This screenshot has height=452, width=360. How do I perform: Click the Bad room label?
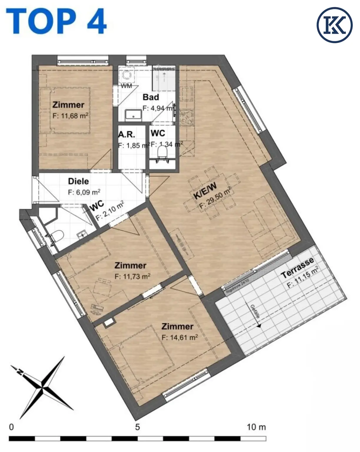click(x=151, y=97)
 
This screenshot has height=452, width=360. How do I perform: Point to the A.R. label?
click(x=127, y=134)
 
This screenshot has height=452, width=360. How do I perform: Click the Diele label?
click(x=78, y=181)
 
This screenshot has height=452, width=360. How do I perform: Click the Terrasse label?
click(x=297, y=268)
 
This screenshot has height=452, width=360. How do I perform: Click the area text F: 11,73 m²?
click(x=132, y=276)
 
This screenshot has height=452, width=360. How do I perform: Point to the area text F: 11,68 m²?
click(x=70, y=116)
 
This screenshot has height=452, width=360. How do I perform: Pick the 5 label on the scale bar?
click(x=137, y=427)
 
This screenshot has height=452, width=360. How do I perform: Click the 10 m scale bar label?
click(x=256, y=427)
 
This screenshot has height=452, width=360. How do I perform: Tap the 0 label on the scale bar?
click(x=11, y=427)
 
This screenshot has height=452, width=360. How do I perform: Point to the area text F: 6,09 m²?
click(x=84, y=192)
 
